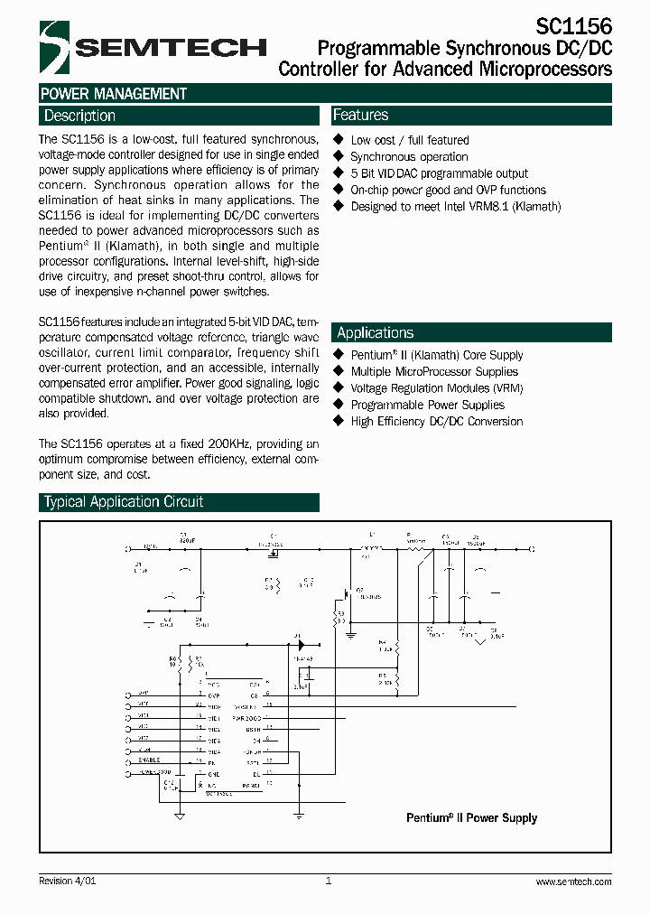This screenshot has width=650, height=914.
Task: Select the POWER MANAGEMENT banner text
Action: pos(114,94)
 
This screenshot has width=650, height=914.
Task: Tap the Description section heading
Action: pos(79,116)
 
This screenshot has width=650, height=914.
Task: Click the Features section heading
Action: pos(360,116)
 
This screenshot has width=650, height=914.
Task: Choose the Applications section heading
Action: pos(375,332)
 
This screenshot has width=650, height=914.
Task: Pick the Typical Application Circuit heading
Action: pos(124,502)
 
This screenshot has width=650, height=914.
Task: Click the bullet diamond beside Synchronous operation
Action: pos(339,156)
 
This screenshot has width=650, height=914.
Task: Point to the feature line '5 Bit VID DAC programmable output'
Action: pos(439,173)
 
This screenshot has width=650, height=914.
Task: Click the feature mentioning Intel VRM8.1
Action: pos(455,207)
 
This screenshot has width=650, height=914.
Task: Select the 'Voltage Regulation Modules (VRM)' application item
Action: pos(436,388)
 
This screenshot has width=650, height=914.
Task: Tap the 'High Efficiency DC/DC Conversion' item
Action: pos(436,422)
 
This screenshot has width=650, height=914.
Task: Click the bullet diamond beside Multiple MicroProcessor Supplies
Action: pos(339,371)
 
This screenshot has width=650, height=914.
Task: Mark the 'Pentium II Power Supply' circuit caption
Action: pos(471,818)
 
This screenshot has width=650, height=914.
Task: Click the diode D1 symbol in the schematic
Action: pos(299,646)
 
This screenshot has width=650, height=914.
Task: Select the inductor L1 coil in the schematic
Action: pos(370,548)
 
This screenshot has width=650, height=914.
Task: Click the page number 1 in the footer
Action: pos(328,881)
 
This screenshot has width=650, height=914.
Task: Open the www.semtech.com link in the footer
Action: pos(573,881)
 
